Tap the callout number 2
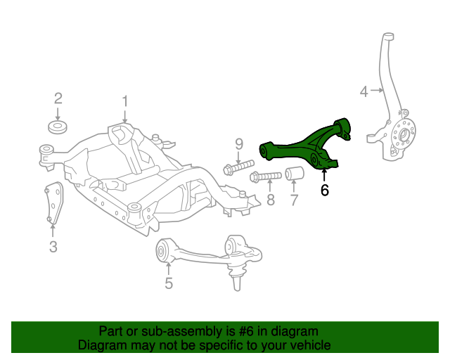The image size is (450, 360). pos(58,98)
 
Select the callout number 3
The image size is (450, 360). pos(53,246)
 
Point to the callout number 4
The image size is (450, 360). pos(364,90)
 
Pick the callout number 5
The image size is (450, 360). pos(169,283)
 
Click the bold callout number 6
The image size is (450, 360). pos(324,190)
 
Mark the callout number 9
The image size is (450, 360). pos(238,143)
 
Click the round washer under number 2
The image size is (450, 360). pos(57,127)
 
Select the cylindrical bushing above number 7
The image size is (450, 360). pos(293,174)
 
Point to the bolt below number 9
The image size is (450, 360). pos(238,168)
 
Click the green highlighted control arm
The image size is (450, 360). pos(302,148)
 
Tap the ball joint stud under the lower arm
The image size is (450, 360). pos(236,279)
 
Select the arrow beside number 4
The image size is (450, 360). pos(377,90)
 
